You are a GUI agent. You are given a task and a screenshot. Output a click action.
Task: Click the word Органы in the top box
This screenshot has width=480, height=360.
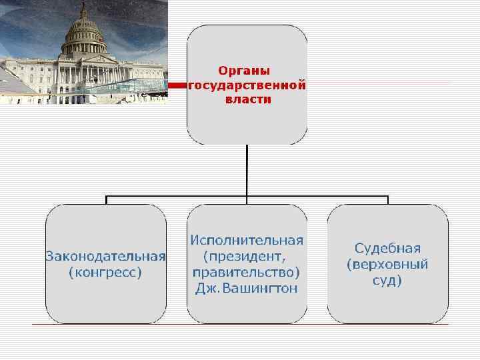(x=247, y=70)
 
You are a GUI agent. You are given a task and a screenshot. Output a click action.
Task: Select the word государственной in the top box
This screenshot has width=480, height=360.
(x=247, y=85)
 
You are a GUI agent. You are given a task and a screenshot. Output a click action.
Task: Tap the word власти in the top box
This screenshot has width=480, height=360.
(x=247, y=99)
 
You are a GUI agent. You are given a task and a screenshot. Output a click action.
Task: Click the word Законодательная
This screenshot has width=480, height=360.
(x=105, y=256)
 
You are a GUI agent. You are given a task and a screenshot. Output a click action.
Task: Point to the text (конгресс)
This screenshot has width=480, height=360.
(x=105, y=272)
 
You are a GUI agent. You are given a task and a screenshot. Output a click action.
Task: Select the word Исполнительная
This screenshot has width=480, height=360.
(x=247, y=240)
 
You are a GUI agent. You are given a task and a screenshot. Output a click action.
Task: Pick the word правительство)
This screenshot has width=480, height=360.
(x=247, y=272)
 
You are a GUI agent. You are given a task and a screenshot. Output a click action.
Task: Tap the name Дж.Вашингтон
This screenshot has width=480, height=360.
(x=247, y=288)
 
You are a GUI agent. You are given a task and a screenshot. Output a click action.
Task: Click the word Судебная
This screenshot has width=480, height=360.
(x=387, y=249)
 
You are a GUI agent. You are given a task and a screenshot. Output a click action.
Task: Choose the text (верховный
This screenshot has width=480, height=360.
(x=387, y=264)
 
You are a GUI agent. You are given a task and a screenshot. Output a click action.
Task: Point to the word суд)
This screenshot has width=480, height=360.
(x=387, y=280)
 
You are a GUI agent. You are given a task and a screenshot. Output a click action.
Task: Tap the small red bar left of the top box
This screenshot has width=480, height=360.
(x=177, y=86)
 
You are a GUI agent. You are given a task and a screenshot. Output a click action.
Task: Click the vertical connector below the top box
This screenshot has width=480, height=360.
(x=247, y=170)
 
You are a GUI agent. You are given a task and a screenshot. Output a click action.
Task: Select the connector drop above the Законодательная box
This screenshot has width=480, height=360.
(x=105, y=200)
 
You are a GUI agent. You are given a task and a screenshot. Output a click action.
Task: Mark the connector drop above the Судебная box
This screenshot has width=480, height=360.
(x=388, y=200)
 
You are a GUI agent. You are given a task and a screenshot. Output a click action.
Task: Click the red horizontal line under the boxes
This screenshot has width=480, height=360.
(x=247, y=325)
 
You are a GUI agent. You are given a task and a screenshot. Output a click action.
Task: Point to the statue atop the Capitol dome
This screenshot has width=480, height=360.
(x=84, y=7)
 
